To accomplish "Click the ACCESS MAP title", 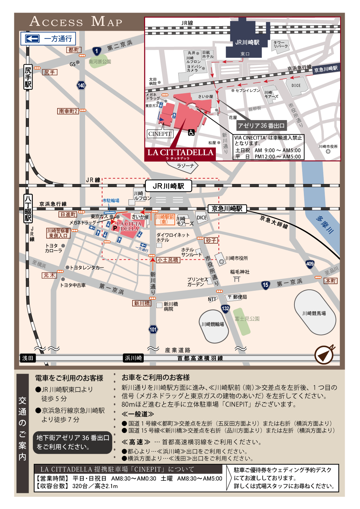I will [x=76, y=21].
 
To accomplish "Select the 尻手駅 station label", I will [x=28, y=77].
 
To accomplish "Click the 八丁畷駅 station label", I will [x=28, y=208].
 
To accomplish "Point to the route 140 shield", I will [x=81, y=85].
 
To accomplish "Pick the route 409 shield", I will [x=310, y=264].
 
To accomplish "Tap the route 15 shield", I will [x=265, y=285].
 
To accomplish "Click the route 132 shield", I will [x=225, y=308].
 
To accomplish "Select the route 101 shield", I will [x=153, y=329].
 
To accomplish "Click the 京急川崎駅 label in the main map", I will [x=227, y=209].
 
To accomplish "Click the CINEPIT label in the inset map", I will [x=160, y=134].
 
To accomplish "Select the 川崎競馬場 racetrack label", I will [x=314, y=313].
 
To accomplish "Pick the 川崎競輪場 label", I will [x=212, y=324].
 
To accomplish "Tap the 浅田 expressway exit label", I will [x=28, y=358].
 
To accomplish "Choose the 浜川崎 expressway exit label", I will [x=133, y=358].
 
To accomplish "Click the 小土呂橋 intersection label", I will [x=168, y=260].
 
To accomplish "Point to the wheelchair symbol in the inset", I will [x=191, y=133].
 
